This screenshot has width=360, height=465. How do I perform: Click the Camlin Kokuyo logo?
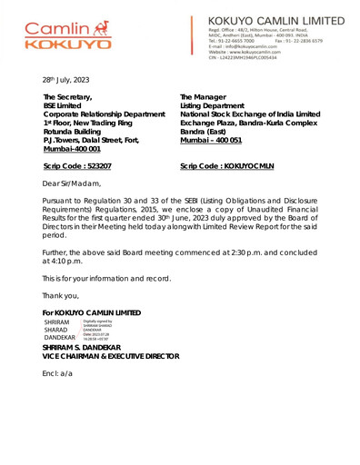click(x=68, y=35)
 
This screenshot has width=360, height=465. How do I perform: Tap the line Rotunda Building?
click(x=75, y=129)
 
